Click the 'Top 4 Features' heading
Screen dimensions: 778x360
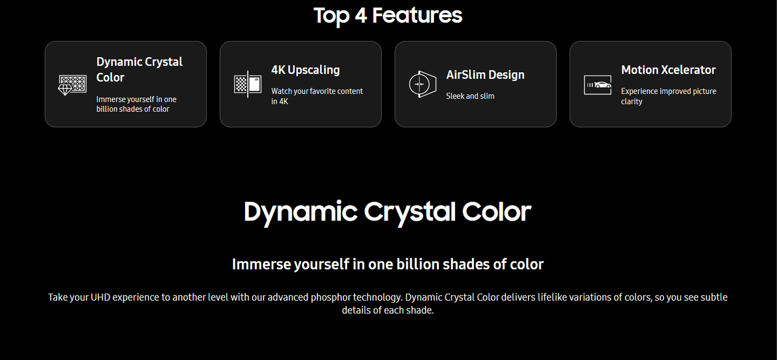388,16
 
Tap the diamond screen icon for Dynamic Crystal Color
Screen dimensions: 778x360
72,84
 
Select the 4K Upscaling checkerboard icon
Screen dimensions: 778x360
248,84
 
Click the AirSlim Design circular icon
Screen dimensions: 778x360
422,84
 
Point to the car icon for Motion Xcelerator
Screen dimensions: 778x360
597,84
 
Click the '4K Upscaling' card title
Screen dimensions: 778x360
305,70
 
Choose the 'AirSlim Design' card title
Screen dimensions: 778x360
485,74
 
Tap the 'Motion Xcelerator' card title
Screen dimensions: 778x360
668,70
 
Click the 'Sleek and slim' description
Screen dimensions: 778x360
470,96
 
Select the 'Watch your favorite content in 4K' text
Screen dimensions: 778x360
317,96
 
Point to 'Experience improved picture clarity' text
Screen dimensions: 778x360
669,96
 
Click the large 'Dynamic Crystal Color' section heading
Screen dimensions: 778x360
388,212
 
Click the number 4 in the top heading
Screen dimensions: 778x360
361,16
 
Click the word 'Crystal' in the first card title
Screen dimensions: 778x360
163,62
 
